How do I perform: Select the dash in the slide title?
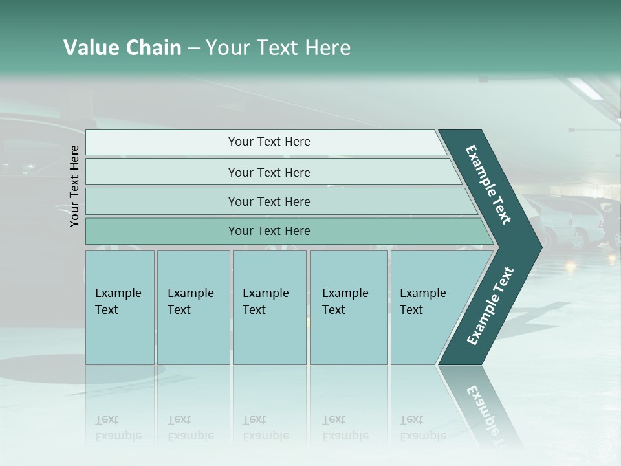click(193, 49)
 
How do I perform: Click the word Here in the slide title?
click(327, 48)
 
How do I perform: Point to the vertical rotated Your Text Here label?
click(74, 186)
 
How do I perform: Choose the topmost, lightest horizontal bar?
click(268, 142)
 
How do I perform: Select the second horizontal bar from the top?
click(268, 172)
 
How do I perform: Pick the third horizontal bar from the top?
click(268, 201)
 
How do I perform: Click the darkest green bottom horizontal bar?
click(268, 231)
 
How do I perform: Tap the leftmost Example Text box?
click(120, 307)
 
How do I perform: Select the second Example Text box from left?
click(193, 307)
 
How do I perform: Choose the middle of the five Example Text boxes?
click(269, 307)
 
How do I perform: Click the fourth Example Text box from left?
click(349, 307)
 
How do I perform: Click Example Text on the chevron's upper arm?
click(489, 184)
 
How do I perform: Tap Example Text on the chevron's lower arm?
click(490, 305)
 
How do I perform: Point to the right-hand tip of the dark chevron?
click(540, 247)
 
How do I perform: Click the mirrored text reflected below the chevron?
click(482, 408)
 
